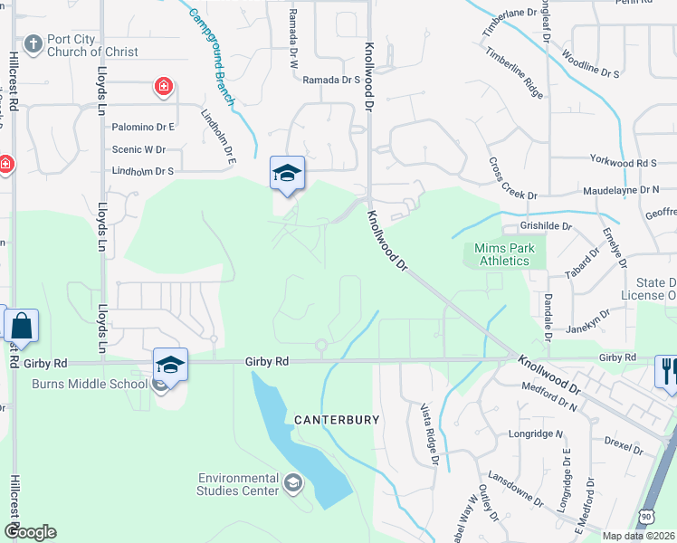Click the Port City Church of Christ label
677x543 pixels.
(x=93, y=45)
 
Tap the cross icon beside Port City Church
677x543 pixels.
(x=33, y=43)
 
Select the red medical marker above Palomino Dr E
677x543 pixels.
(x=164, y=88)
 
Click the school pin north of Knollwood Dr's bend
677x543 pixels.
(x=287, y=173)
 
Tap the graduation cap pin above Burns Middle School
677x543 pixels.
(x=170, y=364)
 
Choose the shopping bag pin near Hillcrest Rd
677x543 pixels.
(x=21, y=325)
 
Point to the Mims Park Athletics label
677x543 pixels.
(x=503, y=254)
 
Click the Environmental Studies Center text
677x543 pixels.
(x=239, y=484)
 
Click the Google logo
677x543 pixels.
(x=30, y=532)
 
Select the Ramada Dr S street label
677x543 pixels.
(x=332, y=81)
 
